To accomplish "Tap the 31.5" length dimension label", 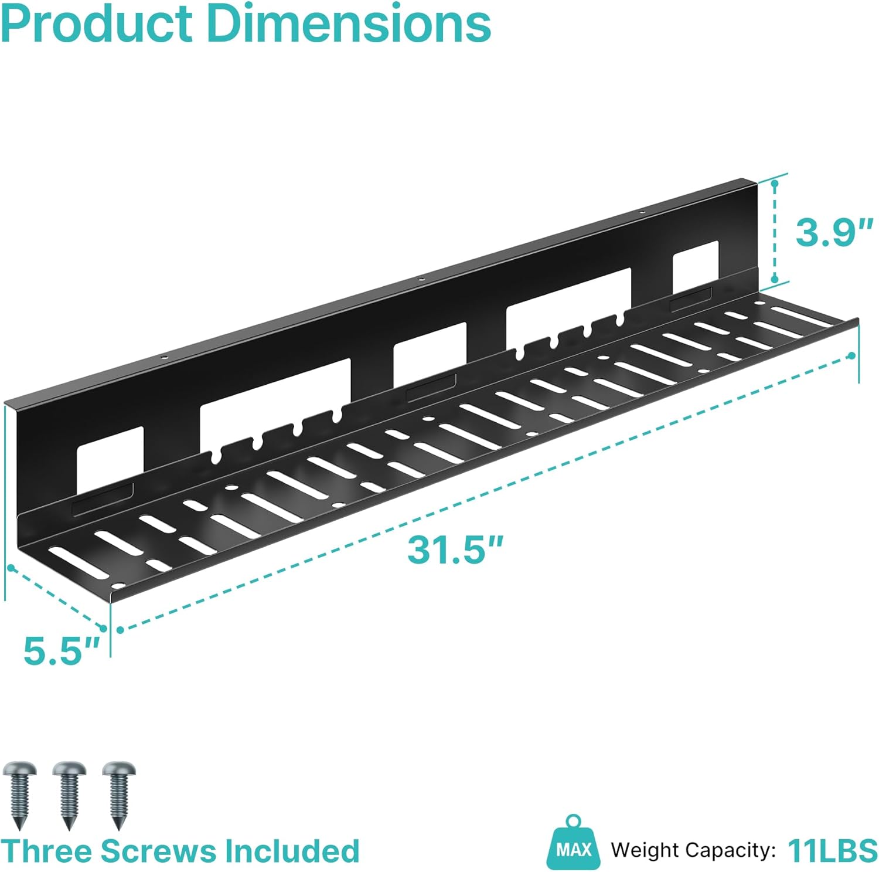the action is [455, 549].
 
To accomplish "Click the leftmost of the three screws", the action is [19, 795].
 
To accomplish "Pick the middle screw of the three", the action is [69, 795].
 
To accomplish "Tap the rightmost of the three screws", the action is [119, 795].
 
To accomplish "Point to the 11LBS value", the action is [832, 850].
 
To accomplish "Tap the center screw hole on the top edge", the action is [421, 279].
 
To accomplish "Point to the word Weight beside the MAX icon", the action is [645, 851].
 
